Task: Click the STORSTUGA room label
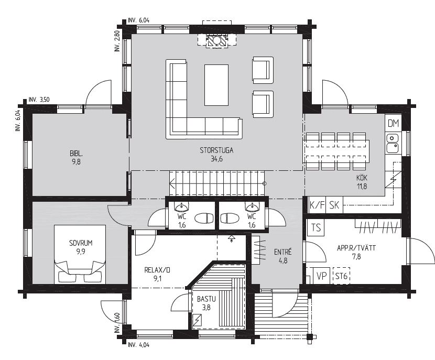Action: [x=216, y=150]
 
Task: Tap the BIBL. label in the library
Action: [x=76, y=153]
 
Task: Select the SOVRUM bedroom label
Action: [x=81, y=243]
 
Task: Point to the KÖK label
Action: [x=362, y=178]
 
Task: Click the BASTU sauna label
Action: [x=206, y=299]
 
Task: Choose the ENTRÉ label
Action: [x=282, y=252]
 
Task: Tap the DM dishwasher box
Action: [x=393, y=123]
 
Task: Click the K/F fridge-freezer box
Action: [x=317, y=205]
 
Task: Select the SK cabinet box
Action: [x=334, y=205]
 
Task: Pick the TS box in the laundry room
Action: [x=316, y=228]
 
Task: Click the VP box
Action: [x=321, y=276]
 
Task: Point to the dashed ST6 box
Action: [x=341, y=276]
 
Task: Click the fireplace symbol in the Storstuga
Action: [x=217, y=41]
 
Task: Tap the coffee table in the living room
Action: [x=216, y=85]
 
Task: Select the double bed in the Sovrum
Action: [x=80, y=254]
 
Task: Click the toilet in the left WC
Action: [x=204, y=219]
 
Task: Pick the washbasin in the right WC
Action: [x=252, y=206]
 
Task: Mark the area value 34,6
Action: [x=216, y=159]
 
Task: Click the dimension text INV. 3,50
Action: [x=39, y=100]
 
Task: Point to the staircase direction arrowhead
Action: [x=172, y=183]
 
